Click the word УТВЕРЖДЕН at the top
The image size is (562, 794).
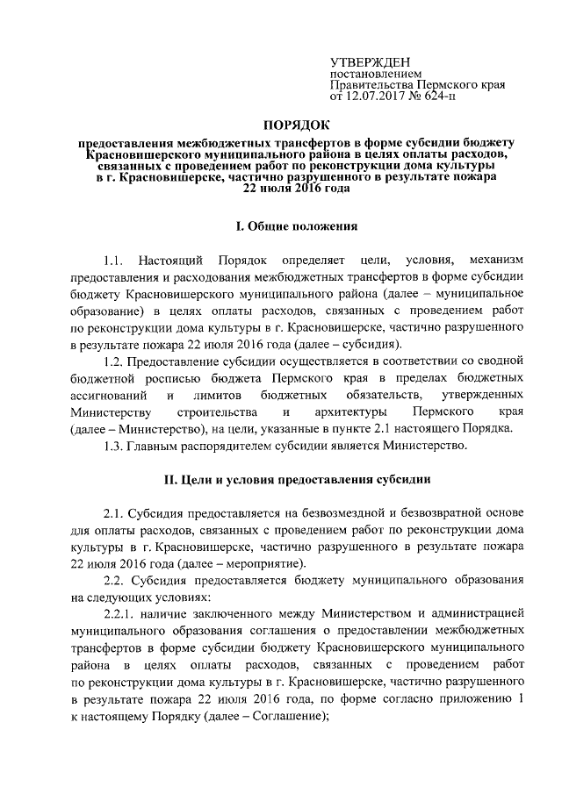367,61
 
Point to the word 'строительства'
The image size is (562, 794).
216,411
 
